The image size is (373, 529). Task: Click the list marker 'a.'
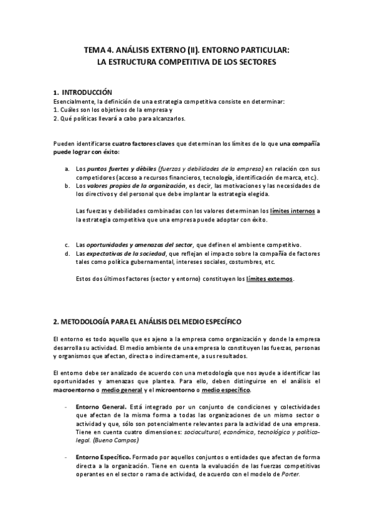tap(67, 169)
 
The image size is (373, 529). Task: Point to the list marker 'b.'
tap(67, 185)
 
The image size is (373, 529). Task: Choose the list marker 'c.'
tap(67, 245)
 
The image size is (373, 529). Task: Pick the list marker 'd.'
tap(67, 253)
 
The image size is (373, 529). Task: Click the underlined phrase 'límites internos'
tap(291, 211)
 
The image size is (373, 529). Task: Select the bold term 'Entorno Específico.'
tap(103, 457)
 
